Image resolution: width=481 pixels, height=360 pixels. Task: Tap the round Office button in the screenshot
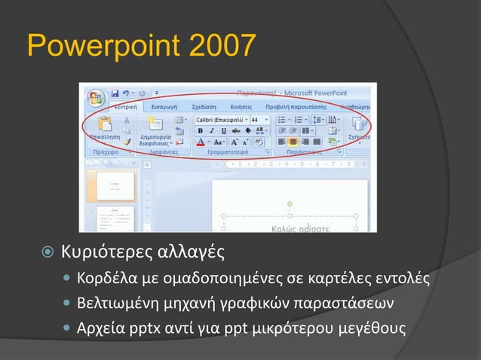click(97, 98)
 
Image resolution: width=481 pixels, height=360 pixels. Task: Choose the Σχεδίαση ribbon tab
click(205, 108)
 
